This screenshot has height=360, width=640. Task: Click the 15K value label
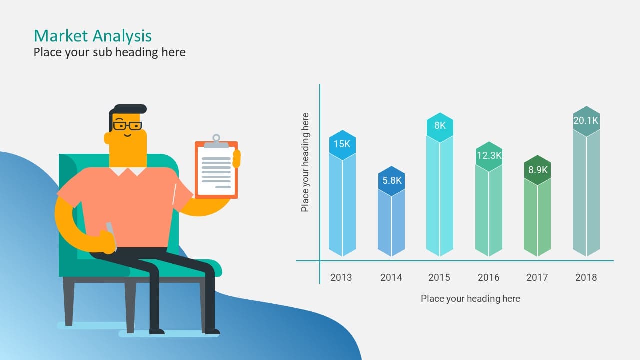pos(342,144)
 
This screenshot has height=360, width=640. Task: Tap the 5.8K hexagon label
pos(392,180)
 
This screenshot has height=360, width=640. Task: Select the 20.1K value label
pos(586,120)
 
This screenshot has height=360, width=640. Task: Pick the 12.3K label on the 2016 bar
pos(489,155)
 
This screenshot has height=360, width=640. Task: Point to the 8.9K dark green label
pos(537,170)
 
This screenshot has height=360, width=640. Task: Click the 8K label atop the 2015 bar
pos(440,125)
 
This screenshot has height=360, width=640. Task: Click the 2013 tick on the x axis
pos(341,277)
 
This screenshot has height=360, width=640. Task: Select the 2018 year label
pos(586,277)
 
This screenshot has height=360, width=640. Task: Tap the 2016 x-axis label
pos(489,277)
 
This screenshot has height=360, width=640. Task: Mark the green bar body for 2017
pos(537,217)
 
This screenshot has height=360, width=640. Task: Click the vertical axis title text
pos(305,162)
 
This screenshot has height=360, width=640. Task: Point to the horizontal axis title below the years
pos(470,299)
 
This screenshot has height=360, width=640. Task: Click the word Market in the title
pos(61,36)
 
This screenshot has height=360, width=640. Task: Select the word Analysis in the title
pos(122,36)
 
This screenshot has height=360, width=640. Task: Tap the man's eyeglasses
pos(127,125)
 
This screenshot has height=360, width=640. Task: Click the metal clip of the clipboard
pos(216,142)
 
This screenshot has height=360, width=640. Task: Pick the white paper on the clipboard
pos(216,171)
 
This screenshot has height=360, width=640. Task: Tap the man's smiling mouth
pos(127,135)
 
